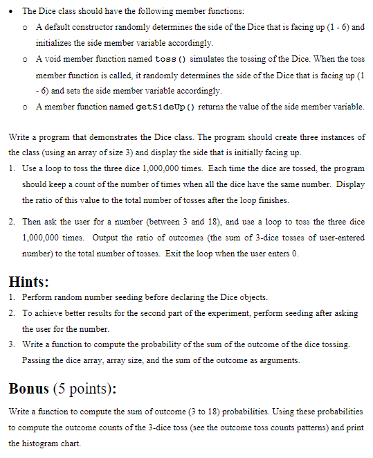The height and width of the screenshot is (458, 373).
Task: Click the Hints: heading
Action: pos(28,282)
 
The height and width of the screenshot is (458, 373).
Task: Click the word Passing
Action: pos(37,360)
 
